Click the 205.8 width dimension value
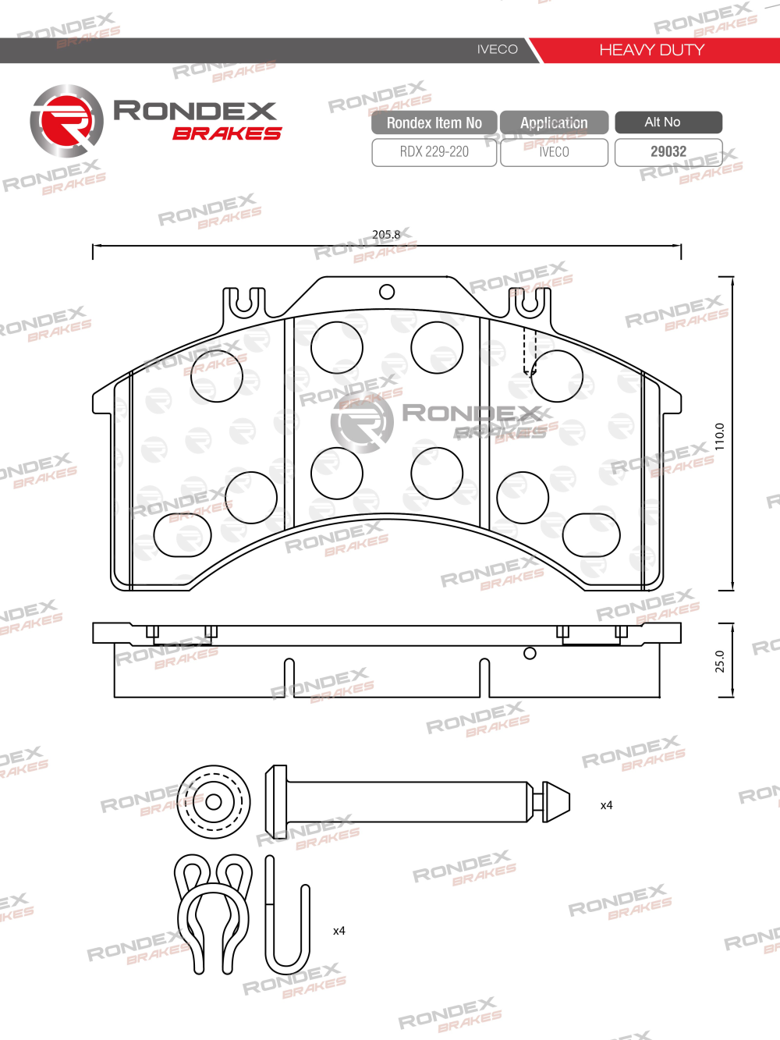(x=386, y=234)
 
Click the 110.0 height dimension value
(x=720, y=436)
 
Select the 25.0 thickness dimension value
(x=720, y=661)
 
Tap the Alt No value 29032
(x=668, y=151)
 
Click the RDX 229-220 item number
(x=434, y=152)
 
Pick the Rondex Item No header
(x=434, y=122)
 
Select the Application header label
(x=554, y=122)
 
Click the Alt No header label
(x=662, y=122)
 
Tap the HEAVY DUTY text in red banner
(x=651, y=50)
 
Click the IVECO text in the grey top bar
(x=497, y=49)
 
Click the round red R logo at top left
(x=66, y=121)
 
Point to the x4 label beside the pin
(x=606, y=805)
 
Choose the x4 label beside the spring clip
(x=339, y=931)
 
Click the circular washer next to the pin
(x=214, y=801)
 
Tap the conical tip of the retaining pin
(x=555, y=802)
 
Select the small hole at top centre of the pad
(x=387, y=292)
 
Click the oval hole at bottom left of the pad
(x=183, y=535)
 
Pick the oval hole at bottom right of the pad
(x=591, y=535)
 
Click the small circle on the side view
(x=530, y=653)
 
